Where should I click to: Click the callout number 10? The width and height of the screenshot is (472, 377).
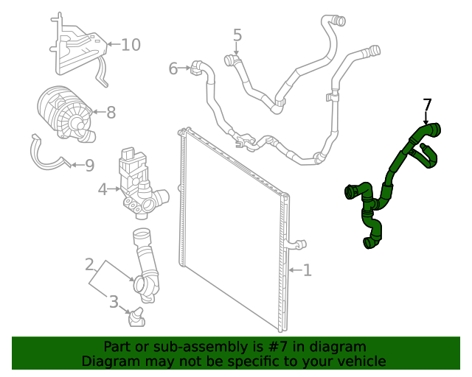click(130, 45)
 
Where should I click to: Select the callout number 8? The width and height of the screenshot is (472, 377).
click(111, 113)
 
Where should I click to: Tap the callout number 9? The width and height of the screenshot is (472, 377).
click(89, 166)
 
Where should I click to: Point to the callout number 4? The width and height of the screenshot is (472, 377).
click(103, 190)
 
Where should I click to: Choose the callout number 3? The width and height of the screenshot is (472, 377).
click(114, 301)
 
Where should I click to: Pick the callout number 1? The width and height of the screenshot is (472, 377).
click(307, 270)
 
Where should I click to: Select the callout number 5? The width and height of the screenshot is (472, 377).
click(237, 35)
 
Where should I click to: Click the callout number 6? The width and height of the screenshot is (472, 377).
click(173, 68)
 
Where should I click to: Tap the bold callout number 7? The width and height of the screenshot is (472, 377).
click(427, 105)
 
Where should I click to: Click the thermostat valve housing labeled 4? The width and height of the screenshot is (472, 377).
click(139, 184)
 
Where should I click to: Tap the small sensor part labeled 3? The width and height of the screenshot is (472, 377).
click(136, 316)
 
